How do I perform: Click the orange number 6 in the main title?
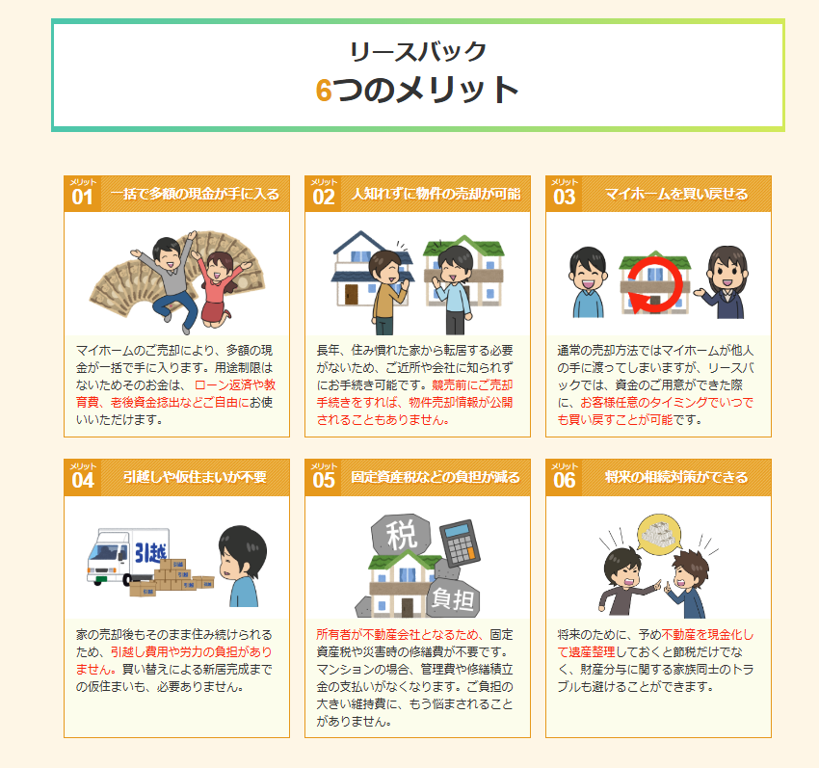click(324, 90)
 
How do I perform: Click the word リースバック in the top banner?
click(418, 51)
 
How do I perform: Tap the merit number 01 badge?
click(83, 194)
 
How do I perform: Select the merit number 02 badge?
click(324, 194)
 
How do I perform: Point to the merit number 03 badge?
click(564, 194)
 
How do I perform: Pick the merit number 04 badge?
click(83, 478)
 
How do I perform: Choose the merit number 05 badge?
click(324, 478)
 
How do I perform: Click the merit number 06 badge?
click(564, 478)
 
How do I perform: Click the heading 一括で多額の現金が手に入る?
click(195, 194)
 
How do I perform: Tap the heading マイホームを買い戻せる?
click(676, 194)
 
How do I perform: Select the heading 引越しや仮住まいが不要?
click(195, 477)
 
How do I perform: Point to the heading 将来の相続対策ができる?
click(676, 477)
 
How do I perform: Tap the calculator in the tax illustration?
click(460, 543)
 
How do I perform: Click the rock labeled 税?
click(401, 534)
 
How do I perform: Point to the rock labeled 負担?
click(452, 598)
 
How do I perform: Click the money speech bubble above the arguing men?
click(660, 534)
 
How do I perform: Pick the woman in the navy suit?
click(725, 282)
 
